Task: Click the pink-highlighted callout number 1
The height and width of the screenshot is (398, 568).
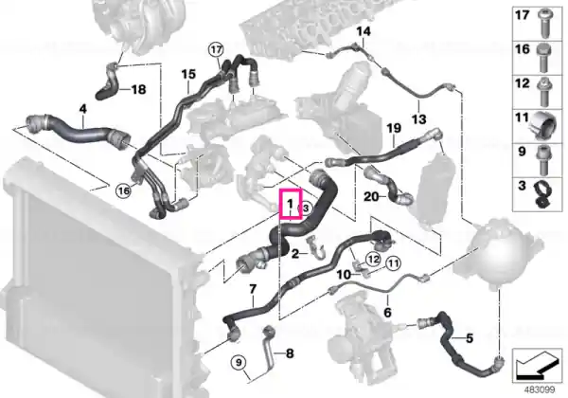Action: [290, 204]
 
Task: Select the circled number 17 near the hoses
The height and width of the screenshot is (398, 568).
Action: [216, 50]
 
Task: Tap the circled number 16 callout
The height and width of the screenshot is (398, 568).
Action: [123, 190]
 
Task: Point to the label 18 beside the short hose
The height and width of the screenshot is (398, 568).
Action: [138, 89]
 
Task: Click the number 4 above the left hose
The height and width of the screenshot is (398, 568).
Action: [83, 108]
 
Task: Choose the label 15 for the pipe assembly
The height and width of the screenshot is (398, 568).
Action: [188, 74]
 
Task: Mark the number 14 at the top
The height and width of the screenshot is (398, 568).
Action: [364, 31]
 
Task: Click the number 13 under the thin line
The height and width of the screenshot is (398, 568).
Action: [419, 118]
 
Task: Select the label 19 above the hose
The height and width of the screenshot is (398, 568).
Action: [394, 128]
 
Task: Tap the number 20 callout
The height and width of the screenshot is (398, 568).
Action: [372, 197]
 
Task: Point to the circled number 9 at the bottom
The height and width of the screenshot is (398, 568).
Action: [239, 362]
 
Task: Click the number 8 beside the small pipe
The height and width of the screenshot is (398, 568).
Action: [290, 353]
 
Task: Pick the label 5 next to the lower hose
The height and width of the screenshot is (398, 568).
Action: [470, 338]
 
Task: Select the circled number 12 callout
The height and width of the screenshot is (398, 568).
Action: [374, 259]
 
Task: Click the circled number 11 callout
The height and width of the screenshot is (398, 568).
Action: [394, 262]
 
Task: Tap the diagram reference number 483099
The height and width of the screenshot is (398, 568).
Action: [540, 390]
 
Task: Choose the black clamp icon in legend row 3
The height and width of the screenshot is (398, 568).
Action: [543, 194]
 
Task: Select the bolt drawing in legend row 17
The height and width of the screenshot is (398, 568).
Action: [546, 25]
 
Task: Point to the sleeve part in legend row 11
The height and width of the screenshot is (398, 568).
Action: [543, 125]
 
